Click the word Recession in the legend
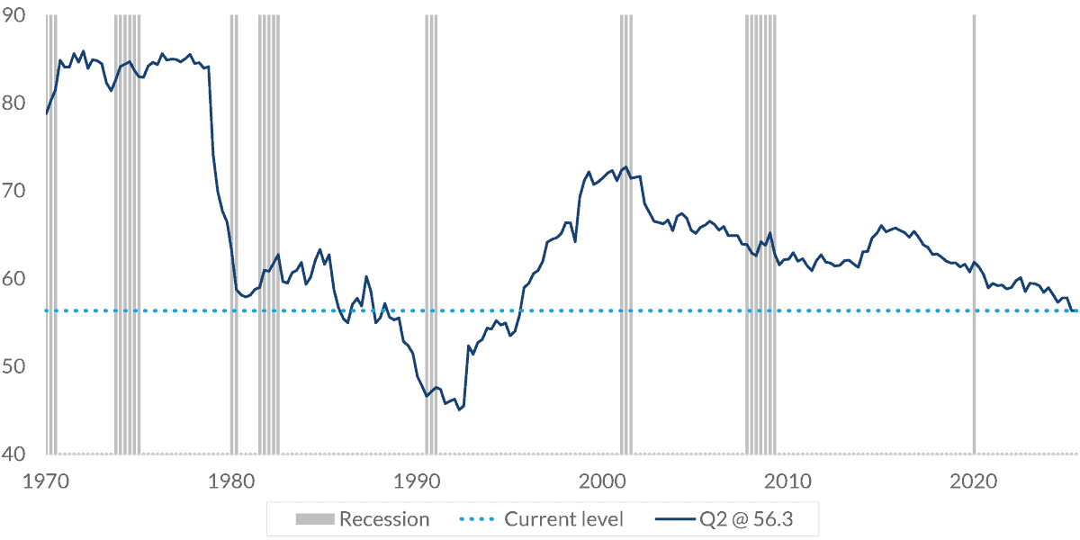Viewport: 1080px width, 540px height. pos(384,519)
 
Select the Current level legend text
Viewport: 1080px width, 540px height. pos(563,519)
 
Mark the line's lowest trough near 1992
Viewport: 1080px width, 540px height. pos(459,409)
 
